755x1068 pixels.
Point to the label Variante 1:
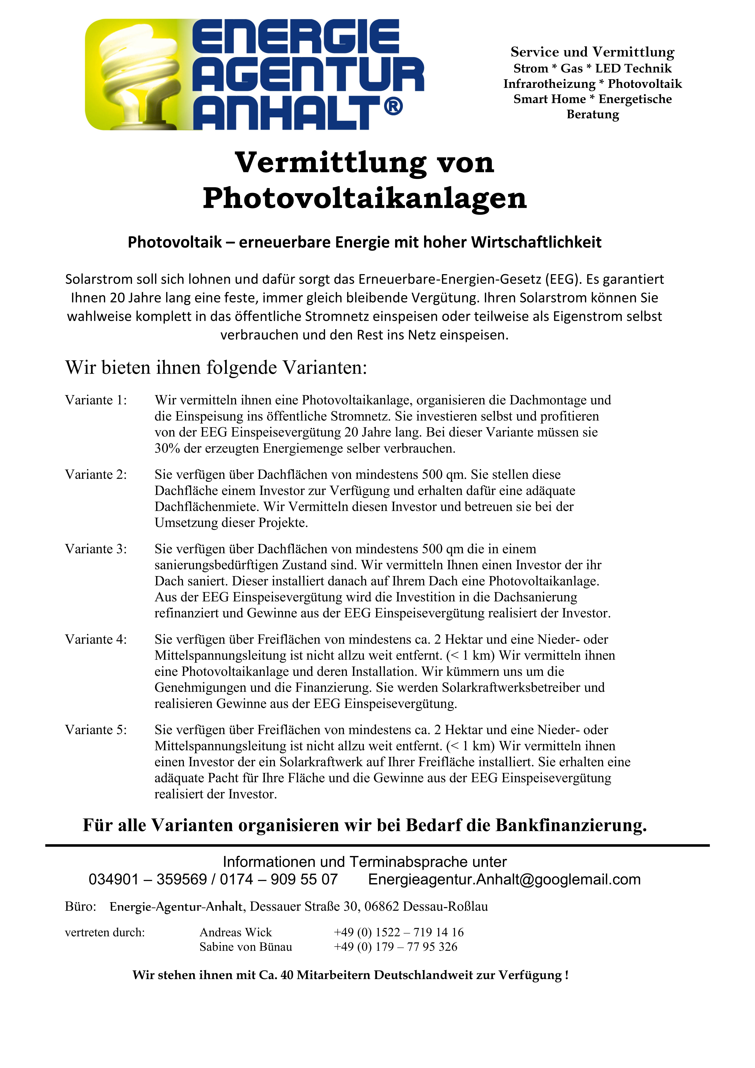[x=96, y=400]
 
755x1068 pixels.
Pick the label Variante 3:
[x=96, y=549]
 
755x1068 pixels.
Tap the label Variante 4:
[x=96, y=639]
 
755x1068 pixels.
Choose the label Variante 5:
[x=96, y=730]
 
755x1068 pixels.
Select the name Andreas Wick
[x=235, y=932]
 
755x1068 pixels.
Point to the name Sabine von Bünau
[x=246, y=947]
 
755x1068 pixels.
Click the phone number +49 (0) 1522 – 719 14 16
[x=399, y=932]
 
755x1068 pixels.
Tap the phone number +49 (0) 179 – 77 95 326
[x=395, y=947]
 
